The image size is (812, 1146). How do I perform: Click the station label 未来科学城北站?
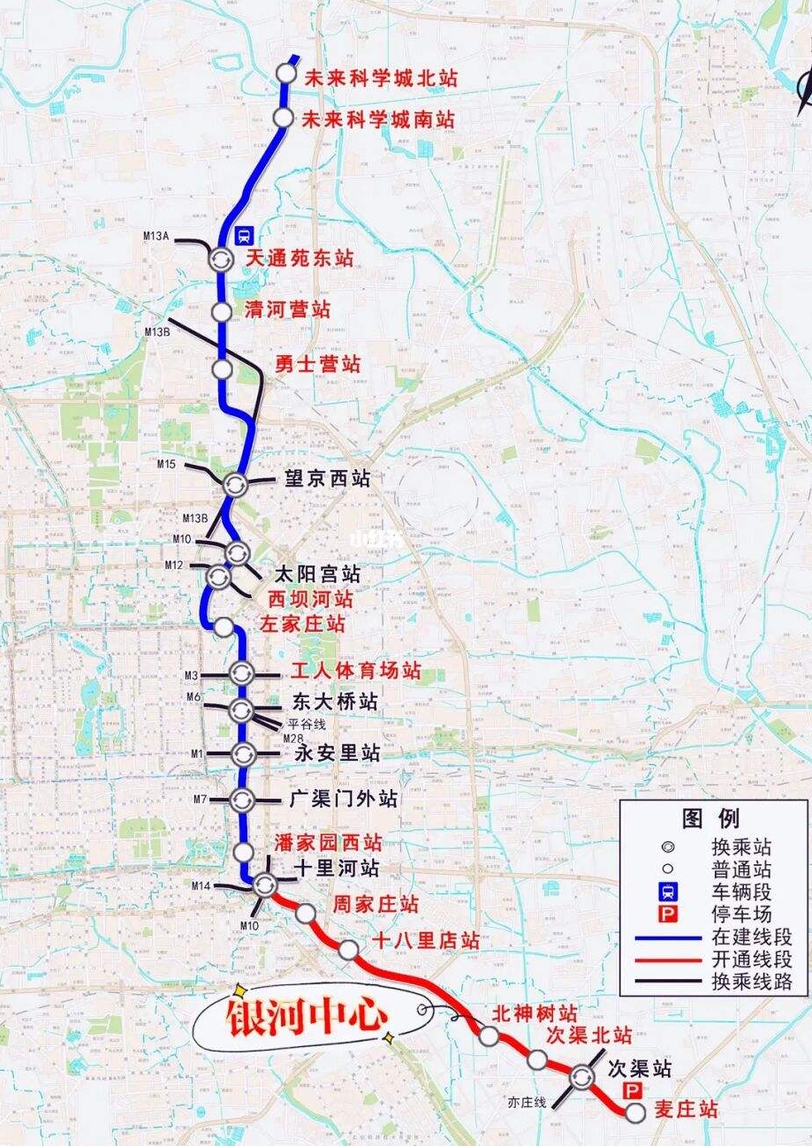381,78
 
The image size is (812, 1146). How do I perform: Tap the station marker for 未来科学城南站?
284,118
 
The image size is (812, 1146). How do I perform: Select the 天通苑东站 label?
300,258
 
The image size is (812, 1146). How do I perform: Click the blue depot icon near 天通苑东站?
245,235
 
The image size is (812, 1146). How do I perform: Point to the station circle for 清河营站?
222,312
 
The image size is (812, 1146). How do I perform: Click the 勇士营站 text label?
317,363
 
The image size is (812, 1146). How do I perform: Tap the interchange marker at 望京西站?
235,483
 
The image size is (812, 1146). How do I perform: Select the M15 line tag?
167,464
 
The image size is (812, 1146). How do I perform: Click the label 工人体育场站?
356,671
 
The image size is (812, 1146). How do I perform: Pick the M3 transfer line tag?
192,676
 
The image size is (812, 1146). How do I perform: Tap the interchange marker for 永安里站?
243,755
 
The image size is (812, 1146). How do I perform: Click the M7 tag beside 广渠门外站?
200,800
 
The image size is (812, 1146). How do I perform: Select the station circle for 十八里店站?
348,950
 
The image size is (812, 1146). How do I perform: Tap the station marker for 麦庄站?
634,1112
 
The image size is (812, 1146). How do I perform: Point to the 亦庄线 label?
527,1102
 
